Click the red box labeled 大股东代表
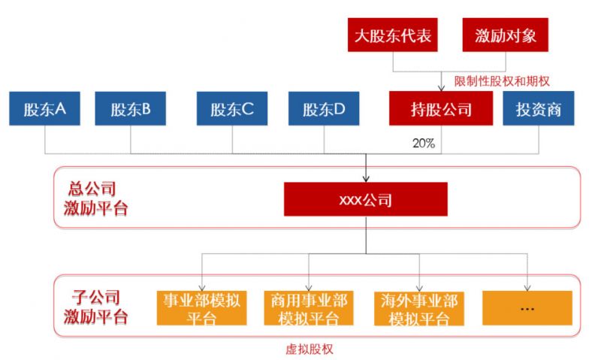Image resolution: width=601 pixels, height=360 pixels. coord(393,35)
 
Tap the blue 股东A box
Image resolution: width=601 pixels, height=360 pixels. coord(45,109)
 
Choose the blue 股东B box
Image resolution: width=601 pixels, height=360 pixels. coord(131,109)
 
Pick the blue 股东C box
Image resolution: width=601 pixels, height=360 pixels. coord(232,109)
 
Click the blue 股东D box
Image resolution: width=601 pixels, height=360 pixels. coord(325,109)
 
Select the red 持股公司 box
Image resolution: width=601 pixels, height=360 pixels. coord(441,109)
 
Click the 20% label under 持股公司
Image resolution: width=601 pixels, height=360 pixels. coord(424,143)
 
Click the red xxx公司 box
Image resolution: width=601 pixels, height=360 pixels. coord(365,201)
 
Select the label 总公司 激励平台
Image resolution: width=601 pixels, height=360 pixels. coord(97,198)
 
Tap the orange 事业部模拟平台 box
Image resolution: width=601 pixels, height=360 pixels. coord(201,308)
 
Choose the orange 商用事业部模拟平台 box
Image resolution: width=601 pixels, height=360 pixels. coord(309,308)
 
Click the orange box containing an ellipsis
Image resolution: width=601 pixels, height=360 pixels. coord(527,308)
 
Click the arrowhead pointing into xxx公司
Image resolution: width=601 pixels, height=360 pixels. coord(366,179)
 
